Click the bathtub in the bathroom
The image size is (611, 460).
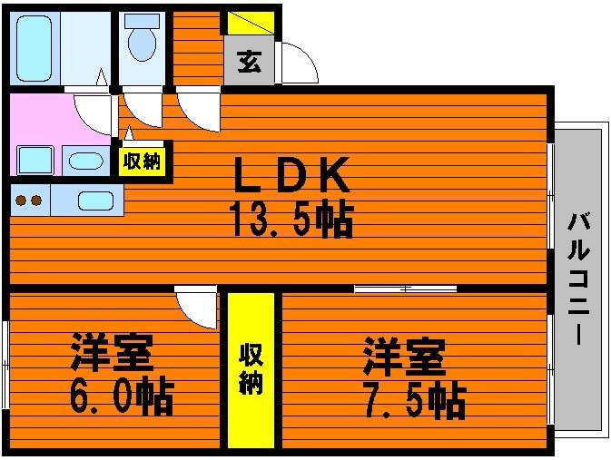tap(34, 48)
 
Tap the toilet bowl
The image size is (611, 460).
tap(142, 44)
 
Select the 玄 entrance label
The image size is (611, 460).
tap(249, 62)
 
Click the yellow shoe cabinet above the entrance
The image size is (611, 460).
tap(251, 23)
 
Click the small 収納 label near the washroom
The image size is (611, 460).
tap(143, 160)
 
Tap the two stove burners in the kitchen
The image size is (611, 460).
tap(28, 201)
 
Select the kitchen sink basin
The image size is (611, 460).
tap(95, 201)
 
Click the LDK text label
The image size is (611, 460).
tap(291, 175)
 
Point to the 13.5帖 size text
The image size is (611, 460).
tap(292, 220)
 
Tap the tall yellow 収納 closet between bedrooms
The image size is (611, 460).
tap(251, 370)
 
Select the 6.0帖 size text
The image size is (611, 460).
tap(122, 395)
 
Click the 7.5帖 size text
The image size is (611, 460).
tap(415, 400)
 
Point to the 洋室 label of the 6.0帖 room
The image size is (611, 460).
tap(112, 353)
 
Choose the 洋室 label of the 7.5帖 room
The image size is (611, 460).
tap(405, 357)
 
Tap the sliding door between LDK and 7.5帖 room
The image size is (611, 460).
tap(405, 289)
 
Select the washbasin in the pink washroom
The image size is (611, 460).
tap(85, 161)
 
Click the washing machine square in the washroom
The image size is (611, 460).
tap(35, 160)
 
